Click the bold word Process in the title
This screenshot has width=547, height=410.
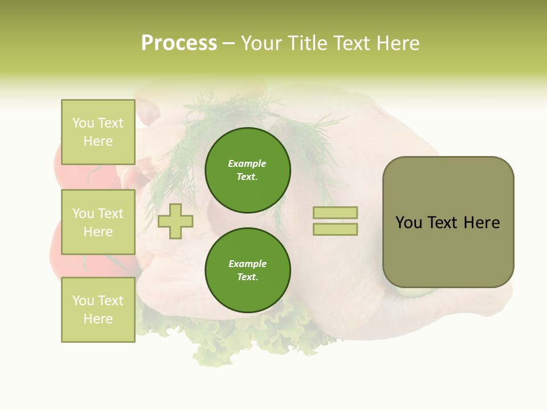179,43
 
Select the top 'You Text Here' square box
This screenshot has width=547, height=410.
98,132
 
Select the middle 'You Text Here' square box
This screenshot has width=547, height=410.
98,222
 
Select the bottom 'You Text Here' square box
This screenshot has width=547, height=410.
98,310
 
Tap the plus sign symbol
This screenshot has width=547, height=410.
175,221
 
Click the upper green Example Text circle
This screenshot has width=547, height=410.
248,170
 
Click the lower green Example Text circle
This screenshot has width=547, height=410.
248,270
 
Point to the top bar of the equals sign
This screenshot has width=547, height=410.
335,212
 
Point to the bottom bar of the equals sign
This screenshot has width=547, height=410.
335,229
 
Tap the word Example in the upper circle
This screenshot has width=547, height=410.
247,163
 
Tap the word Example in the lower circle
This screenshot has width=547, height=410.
247,264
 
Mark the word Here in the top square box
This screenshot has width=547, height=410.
98,141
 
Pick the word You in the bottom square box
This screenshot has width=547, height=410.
83,301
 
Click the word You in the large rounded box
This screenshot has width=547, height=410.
409,223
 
